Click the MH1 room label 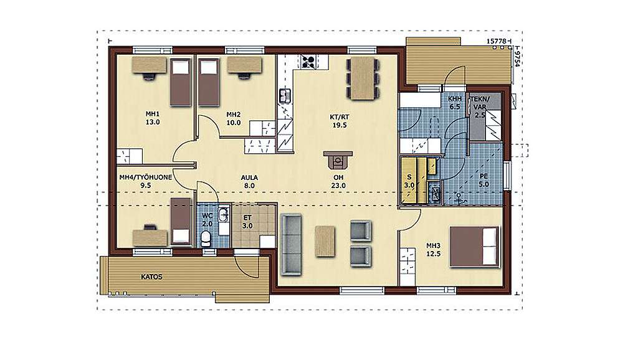coord(153,118)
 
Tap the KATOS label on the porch coord(152,277)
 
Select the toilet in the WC coord(206,238)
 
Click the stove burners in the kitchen coord(308,61)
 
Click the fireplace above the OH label coord(338,159)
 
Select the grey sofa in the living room coord(292,245)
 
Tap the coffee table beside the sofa coord(325,241)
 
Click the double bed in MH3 coord(474,247)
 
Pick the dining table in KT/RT coord(363,78)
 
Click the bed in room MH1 coord(180,83)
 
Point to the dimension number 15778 coord(497,41)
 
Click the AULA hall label coord(249,181)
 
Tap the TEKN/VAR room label coord(480,107)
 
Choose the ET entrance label coord(247,222)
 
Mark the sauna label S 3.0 coord(409,181)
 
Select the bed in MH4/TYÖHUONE coord(181,222)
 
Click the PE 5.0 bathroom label coord(483,180)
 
